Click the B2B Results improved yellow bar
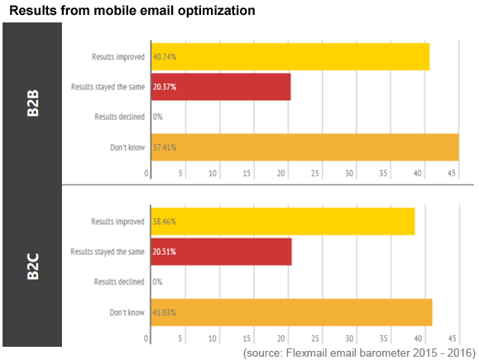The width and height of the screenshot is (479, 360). tap(290, 57)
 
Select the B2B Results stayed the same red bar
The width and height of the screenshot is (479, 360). tap(221, 87)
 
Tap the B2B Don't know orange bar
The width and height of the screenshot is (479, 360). tap(305, 147)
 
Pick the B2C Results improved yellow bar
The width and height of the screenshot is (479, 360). tap(283, 222)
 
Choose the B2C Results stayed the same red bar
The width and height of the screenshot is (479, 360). tap(222, 252)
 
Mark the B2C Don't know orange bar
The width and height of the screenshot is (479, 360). tap(292, 312)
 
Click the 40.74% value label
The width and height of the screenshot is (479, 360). tap(165, 57)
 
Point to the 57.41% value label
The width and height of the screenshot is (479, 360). tap(165, 147)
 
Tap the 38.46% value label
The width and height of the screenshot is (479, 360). tap(165, 222)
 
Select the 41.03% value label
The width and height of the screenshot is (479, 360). tap(165, 313)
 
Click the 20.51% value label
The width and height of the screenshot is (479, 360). tap(165, 252)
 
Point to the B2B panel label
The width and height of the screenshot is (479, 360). tap(33, 103)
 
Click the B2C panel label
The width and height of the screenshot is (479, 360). tap(33, 266)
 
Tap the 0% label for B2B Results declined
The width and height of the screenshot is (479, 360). tap(158, 117)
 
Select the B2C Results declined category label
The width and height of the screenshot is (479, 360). tap(119, 281)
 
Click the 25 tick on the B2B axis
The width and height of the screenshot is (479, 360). tap(315, 174)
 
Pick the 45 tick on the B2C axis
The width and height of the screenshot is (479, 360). tap(453, 338)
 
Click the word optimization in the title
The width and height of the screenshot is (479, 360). tap(217, 11)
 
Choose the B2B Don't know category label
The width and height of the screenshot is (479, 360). tap(127, 147)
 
